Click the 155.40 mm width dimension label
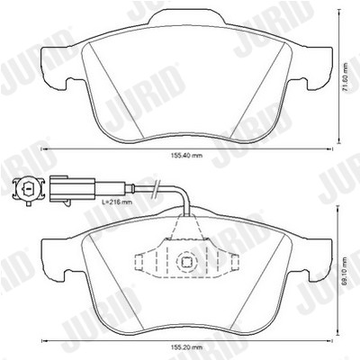186,156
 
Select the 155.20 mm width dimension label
186,347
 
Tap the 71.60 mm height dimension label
346,78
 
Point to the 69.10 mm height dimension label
346,271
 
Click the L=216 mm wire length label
117,202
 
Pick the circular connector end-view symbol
28,189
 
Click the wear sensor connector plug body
72,189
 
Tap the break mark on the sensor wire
156,190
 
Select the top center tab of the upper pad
186,16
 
